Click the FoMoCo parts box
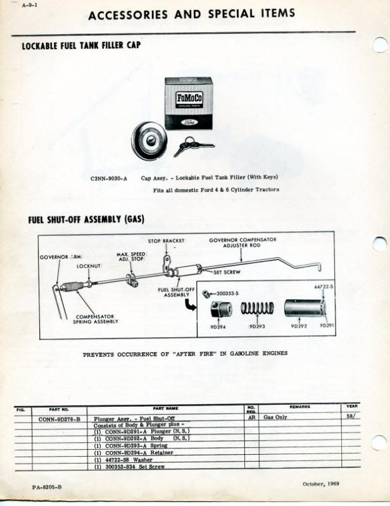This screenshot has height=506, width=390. [188, 103]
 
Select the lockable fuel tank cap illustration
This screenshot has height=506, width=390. [149, 140]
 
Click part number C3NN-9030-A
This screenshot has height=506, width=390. [109, 178]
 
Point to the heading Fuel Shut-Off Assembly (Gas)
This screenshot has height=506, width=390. [86, 219]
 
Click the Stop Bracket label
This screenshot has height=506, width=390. [166, 241]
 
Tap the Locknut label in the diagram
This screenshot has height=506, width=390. [89, 266]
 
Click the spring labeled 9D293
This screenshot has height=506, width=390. [257, 309]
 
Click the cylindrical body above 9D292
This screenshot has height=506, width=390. [303, 308]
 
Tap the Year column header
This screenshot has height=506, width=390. [352, 406]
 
